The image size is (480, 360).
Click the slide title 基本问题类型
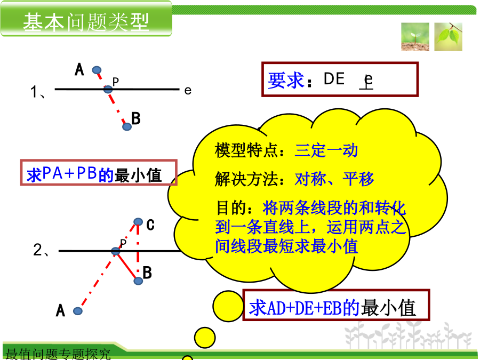pyautogui.click(x=86, y=22)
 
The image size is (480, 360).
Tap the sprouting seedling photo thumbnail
pyautogui.click(x=415, y=37)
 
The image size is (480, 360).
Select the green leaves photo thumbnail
pyautogui.click(x=448, y=37)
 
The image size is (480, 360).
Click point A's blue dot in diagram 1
pyautogui.click(x=97, y=70)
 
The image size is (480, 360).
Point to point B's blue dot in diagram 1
pyautogui.click(x=127, y=126)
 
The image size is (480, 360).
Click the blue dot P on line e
pyautogui.click(x=108, y=90)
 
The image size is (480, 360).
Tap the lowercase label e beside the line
pyautogui.click(x=188, y=91)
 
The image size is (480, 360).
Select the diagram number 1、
pyautogui.click(x=38, y=92)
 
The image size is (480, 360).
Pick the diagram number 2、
pyautogui.click(x=41, y=250)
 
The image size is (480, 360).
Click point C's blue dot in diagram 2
pyautogui.click(x=138, y=222)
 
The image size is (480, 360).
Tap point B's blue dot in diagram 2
pyautogui.click(x=138, y=281)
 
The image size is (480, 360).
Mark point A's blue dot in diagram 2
pyautogui.click(x=78, y=311)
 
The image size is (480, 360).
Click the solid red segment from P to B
pyautogui.click(x=127, y=266)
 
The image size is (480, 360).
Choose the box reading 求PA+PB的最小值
pyautogui.click(x=99, y=172)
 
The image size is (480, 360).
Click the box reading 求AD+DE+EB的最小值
pyautogui.click(x=336, y=305)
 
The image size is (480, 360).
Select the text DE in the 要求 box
pyautogui.click(x=334, y=79)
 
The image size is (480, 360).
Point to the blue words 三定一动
pyautogui.click(x=326, y=150)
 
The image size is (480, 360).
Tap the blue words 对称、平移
pyautogui.click(x=334, y=179)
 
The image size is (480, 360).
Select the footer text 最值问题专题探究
pyautogui.click(x=58, y=354)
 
